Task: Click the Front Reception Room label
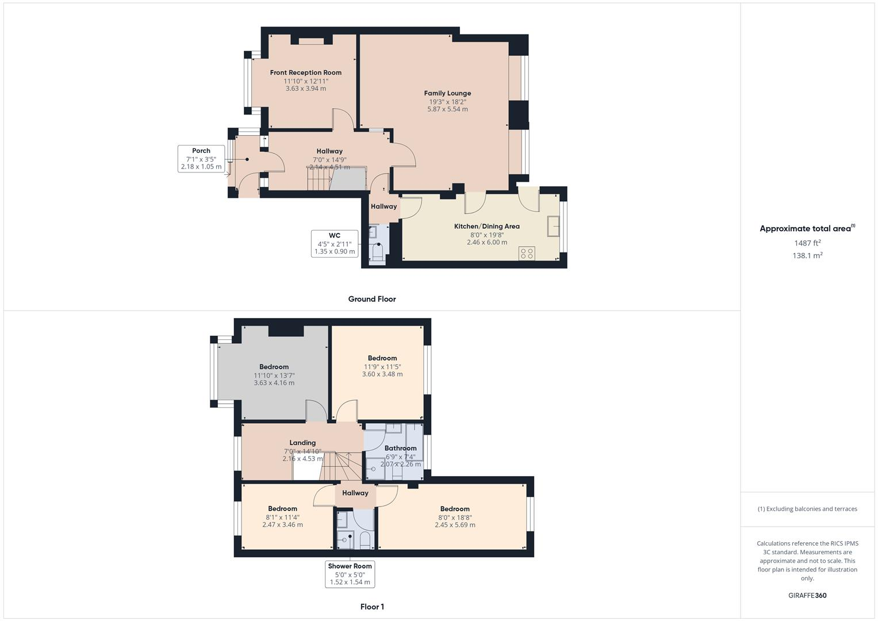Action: click(x=305, y=72)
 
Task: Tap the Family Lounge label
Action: click(x=447, y=93)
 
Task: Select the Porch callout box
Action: click(x=201, y=159)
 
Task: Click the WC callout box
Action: click(x=334, y=243)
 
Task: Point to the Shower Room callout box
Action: click(x=350, y=574)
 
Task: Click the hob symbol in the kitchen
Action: click(x=527, y=254)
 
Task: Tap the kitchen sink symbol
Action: click(x=554, y=226)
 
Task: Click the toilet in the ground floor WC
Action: click(x=378, y=252)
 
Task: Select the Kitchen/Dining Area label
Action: click(x=486, y=226)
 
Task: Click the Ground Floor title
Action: click(x=371, y=299)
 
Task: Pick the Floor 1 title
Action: click(x=371, y=607)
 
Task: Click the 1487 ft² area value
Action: click(x=807, y=243)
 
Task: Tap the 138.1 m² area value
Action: click(x=807, y=256)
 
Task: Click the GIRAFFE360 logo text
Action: click(x=807, y=596)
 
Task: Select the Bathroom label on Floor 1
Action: click(x=400, y=448)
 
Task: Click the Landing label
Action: click(x=302, y=443)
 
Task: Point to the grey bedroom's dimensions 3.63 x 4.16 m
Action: click(x=274, y=383)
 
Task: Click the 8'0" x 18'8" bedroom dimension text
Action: click(x=455, y=517)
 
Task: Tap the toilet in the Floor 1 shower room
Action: click(x=365, y=540)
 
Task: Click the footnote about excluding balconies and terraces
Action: click(x=807, y=509)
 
